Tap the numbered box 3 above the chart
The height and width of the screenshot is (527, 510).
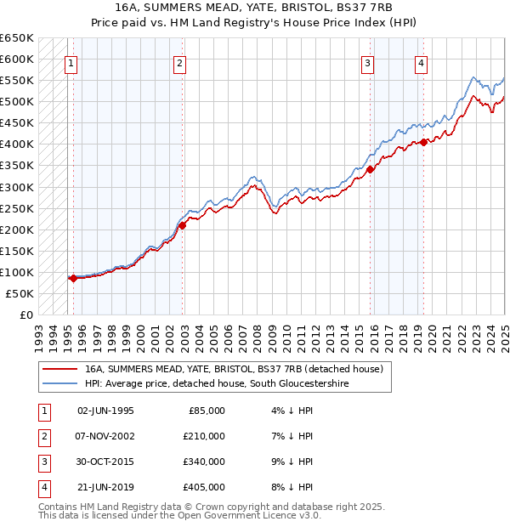pos(367,61)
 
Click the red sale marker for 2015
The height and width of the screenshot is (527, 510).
pos(371,169)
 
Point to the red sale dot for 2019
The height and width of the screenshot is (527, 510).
pos(423,142)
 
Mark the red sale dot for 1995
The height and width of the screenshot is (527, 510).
pos(73,278)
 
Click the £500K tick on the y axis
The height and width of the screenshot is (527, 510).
pos(17,101)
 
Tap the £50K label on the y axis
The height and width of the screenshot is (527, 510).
pos(20,293)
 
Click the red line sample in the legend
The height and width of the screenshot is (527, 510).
pos(59,369)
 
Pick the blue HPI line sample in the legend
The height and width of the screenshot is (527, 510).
pos(59,384)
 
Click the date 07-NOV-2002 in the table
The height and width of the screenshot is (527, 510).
pos(105,436)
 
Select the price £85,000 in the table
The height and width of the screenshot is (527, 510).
pos(207,410)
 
